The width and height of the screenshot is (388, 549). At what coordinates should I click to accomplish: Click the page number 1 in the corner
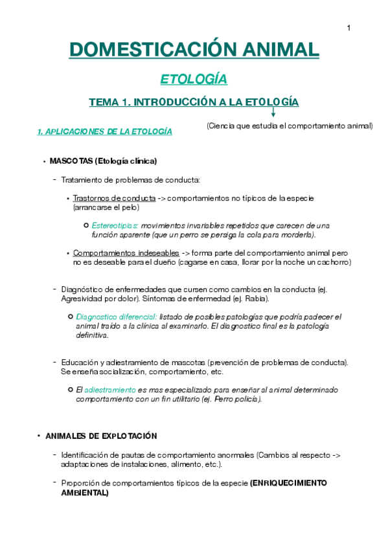pyautogui.click(x=349, y=27)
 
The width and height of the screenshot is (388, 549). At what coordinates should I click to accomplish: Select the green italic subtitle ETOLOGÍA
pyautogui.click(x=194, y=79)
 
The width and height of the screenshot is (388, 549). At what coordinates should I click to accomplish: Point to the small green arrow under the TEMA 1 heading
pyautogui.click(x=273, y=112)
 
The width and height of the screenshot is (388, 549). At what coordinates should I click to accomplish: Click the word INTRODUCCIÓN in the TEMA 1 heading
pyautogui.click(x=177, y=102)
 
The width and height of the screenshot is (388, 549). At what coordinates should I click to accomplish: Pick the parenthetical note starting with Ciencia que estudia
pyautogui.click(x=290, y=126)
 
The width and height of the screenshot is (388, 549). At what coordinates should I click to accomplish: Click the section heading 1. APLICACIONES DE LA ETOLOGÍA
pyautogui.click(x=105, y=131)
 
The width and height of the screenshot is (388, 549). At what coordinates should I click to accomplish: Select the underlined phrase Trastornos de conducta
pyautogui.click(x=114, y=197)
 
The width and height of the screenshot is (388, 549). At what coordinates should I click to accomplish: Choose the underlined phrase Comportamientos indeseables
pyautogui.click(x=126, y=253)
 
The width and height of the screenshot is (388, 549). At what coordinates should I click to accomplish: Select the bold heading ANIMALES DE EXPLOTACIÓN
pyautogui.click(x=101, y=436)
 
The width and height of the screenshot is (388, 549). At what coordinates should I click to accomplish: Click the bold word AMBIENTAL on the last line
pyautogui.click(x=85, y=493)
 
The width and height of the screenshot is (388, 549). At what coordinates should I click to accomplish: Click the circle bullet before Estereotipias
pyautogui.click(x=86, y=225)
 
